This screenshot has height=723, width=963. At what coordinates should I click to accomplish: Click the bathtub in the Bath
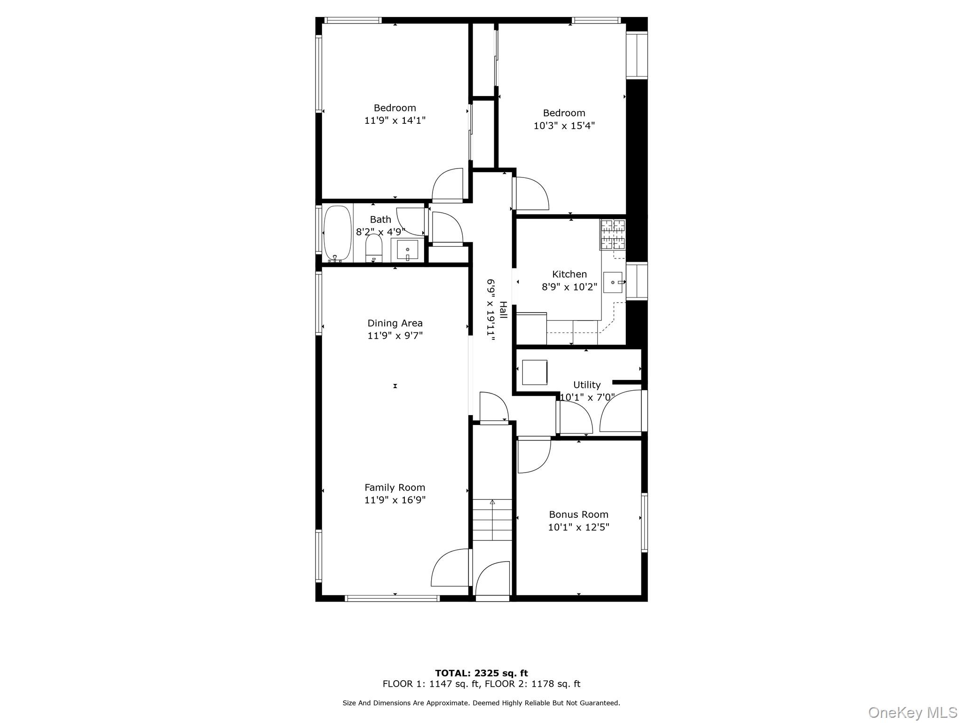pyautogui.click(x=337, y=233)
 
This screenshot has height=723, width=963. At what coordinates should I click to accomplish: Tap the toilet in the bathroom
pyautogui.click(x=374, y=249)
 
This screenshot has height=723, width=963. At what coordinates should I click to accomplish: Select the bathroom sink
pyautogui.click(x=407, y=249)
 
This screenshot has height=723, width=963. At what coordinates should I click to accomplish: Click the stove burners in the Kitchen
pyautogui.click(x=613, y=234)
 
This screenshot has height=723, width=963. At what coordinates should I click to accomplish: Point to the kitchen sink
pyautogui.click(x=613, y=282)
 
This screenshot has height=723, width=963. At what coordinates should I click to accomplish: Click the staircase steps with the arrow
pyautogui.click(x=492, y=520)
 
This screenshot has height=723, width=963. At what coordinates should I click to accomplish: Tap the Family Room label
pyautogui.click(x=395, y=488)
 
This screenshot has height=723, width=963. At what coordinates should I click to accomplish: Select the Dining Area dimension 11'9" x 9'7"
pyautogui.click(x=395, y=336)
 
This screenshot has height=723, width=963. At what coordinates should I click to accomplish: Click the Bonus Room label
pyautogui.click(x=578, y=514)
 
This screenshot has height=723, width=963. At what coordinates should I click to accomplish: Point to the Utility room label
pyautogui.click(x=586, y=385)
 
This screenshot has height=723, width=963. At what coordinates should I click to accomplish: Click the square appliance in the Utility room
pyautogui.click(x=535, y=372)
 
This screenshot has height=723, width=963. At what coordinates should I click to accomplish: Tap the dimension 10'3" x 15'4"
pyautogui.click(x=564, y=126)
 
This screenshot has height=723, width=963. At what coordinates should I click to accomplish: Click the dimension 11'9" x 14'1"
pyautogui.click(x=395, y=120)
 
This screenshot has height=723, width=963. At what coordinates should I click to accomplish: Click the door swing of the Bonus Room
pyautogui.click(x=533, y=455)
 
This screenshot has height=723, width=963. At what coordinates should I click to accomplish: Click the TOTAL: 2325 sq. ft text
pyautogui.click(x=481, y=673)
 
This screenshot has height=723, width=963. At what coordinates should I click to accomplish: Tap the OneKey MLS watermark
pyautogui.click(x=912, y=713)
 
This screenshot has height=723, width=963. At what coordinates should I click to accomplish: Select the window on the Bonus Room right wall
pyautogui.click(x=645, y=522)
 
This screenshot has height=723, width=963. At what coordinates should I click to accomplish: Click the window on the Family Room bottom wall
pyautogui.click(x=392, y=598)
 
